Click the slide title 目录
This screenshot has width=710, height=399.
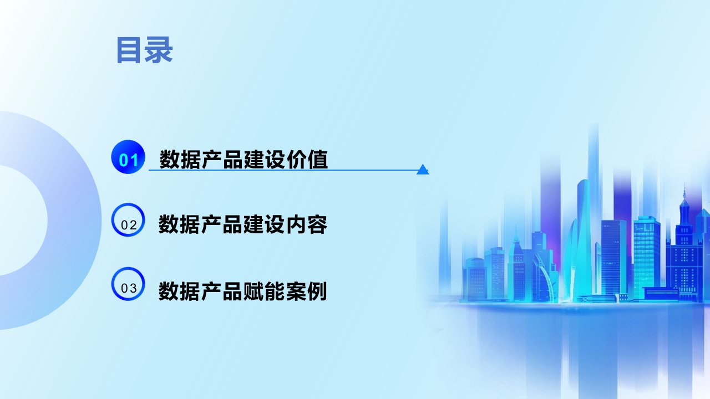[x=145, y=50]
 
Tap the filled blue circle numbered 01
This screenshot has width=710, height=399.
[x=128, y=157]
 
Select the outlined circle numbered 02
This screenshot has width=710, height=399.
[x=128, y=220]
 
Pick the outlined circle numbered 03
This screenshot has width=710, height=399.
[x=128, y=284]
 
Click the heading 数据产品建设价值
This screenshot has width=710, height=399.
[x=244, y=159]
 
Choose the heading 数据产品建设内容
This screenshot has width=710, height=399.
[x=243, y=224]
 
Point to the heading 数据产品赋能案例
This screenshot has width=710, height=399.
[x=242, y=291]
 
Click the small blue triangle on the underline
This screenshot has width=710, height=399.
[x=423, y=170]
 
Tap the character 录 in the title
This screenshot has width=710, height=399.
[x=159, y=50]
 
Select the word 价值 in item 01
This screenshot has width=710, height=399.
[x=307, y=159]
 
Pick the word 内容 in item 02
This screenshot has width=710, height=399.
[x=307, y=224]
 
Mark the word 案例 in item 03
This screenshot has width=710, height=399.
[x=306, y=291]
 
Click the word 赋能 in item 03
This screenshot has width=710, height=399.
[x=263, y=291]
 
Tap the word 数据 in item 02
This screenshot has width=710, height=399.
[x=179, y=224]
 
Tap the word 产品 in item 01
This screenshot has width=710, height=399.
[x=222, y=159]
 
